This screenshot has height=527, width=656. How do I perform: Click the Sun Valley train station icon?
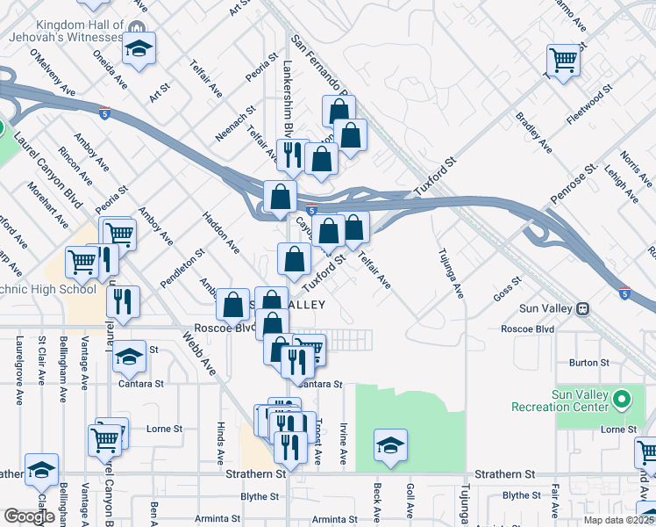(x=582, y=309)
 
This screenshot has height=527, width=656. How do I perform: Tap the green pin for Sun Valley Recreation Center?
(x=622, y=401)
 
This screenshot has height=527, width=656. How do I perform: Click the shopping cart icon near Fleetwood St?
(x=562, y=61)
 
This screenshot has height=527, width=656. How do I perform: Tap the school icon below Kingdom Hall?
(x=138, y=48)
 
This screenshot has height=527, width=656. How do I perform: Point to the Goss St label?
(x=506, y=291)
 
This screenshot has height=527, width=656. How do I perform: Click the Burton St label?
(x=589, y=362)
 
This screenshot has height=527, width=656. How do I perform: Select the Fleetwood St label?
(x=588, y=105)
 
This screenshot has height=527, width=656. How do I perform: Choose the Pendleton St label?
(x=182, y=268)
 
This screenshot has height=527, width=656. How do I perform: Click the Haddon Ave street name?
(x=221, y=231)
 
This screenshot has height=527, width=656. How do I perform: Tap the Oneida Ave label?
(x=111, y=68)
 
